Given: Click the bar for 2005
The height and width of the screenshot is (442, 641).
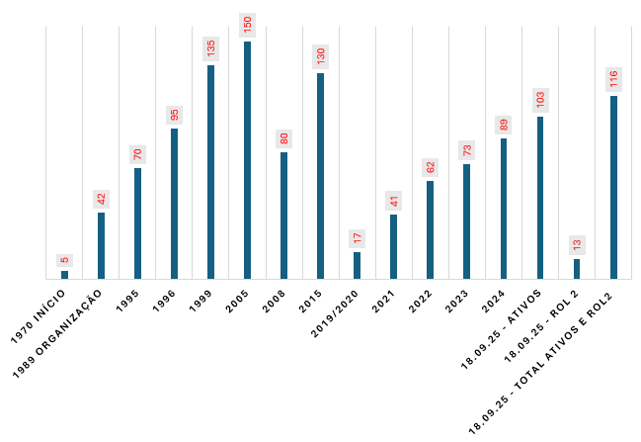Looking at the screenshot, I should [x=247, y=160].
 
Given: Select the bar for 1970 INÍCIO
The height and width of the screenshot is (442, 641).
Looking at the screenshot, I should [x=64, y=275].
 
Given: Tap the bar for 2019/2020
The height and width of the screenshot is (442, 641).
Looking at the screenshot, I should [x=357, y=265].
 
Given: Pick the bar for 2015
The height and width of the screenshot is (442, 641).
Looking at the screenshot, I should [x=320, y=176].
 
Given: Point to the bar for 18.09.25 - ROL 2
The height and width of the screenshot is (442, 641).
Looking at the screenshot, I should [x=577, y=269].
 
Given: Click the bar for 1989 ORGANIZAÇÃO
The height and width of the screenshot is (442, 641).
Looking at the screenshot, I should [x=101, y=245].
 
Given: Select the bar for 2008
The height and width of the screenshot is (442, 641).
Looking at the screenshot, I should [x=283, y=216].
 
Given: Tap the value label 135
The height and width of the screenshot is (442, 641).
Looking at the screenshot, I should [x=210, y=48].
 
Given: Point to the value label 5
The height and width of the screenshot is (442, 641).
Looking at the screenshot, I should [x=64, y=260].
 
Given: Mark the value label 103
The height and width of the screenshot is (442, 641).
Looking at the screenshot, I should [x=540, y=100].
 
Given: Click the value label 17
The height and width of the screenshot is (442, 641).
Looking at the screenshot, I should [x=357, y=238].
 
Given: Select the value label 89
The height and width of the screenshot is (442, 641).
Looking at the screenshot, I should [x=504, y=125].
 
